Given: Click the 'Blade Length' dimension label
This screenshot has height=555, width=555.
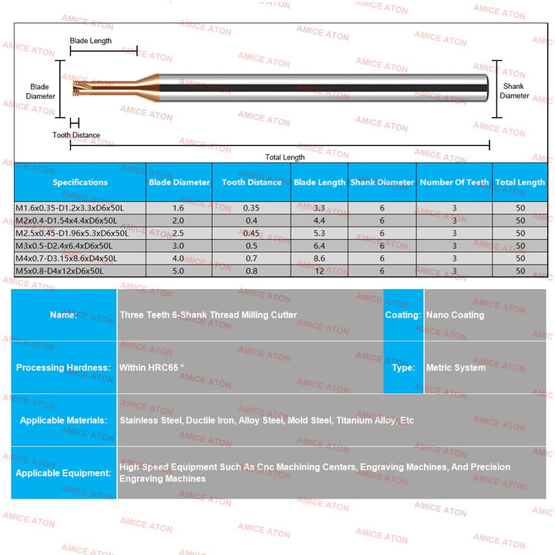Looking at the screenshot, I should pos(91,41).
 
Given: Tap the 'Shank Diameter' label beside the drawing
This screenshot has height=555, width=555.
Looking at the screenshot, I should pos(514,91).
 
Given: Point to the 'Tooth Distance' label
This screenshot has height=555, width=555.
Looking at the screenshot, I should pos(76,136).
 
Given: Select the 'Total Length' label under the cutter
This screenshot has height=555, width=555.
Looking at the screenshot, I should pos(284,157).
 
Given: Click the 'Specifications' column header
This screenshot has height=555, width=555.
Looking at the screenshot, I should pos(80,183).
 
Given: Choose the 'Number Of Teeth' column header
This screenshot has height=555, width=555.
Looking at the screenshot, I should pos(454,183).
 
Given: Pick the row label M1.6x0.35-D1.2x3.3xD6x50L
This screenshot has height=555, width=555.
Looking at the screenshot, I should pos(69,208).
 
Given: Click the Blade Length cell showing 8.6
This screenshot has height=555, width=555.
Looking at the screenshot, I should pos(320,258).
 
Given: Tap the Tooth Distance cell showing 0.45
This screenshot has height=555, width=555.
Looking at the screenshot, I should pos(251,233).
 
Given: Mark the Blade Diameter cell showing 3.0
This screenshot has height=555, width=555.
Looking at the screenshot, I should pos(178,245).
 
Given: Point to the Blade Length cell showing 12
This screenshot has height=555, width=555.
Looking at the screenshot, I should pos(320,271).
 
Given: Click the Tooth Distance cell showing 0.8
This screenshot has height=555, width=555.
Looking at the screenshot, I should pos(251,271).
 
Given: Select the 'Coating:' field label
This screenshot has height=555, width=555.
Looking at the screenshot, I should pos(403,315).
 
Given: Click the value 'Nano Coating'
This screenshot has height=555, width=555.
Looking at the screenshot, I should pos(456,315).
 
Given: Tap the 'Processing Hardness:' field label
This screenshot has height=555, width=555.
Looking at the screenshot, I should pos(63,368).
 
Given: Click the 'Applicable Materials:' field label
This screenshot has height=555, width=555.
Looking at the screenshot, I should pos(63,421).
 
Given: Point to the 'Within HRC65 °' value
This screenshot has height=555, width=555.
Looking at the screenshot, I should pos(152,368).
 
